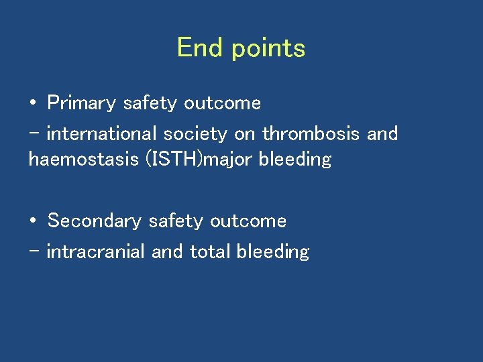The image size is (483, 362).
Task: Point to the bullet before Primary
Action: tap(33, 104)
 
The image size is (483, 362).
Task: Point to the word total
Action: tap(209, 251)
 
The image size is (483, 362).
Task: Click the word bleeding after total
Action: tap(272, 252)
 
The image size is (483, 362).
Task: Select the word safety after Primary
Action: tap(150, 104)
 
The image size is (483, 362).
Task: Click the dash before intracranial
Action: tap(34, 251)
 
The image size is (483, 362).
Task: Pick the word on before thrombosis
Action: tap(245, 134)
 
